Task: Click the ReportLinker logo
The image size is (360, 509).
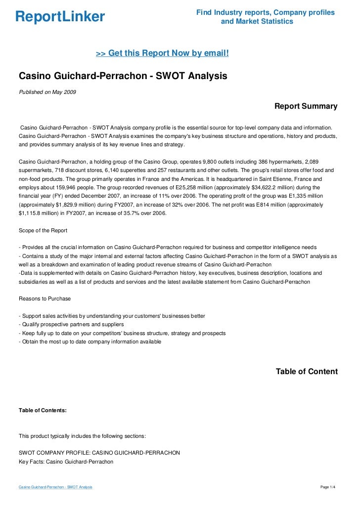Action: pyautogui.click(x=60, y=17)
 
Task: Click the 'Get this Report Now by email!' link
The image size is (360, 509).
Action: pyautogui.click(x=162, y=53)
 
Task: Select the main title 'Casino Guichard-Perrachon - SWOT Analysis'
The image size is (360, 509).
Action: pyautogui.click(x=123, y=76)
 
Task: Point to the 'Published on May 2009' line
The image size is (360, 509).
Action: pyautogui.click(x=47, y=92)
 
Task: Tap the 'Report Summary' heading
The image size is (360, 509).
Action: pyautogui.click(x=306, y=106)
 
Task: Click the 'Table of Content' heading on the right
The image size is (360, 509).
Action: pyautogui.click(x=307, y=371)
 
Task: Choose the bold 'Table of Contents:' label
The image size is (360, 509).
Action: pyautogui.click(x=43, y=410)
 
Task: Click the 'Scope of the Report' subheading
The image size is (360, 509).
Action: pyautogui.click(x=43, y=231)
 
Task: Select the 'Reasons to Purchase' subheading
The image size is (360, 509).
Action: pyautogui.click(x=45, y=298)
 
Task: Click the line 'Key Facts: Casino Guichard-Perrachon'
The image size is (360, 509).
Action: pyautogui.click(x=66, y=462)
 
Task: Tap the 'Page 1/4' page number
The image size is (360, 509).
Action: pyautogui.click(x=328, y=488)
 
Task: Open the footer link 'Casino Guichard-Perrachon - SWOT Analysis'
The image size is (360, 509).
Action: pyautogui.click(x=55, y=488)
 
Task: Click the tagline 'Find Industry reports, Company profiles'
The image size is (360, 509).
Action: pyautogui.click(x=266, y=12)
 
